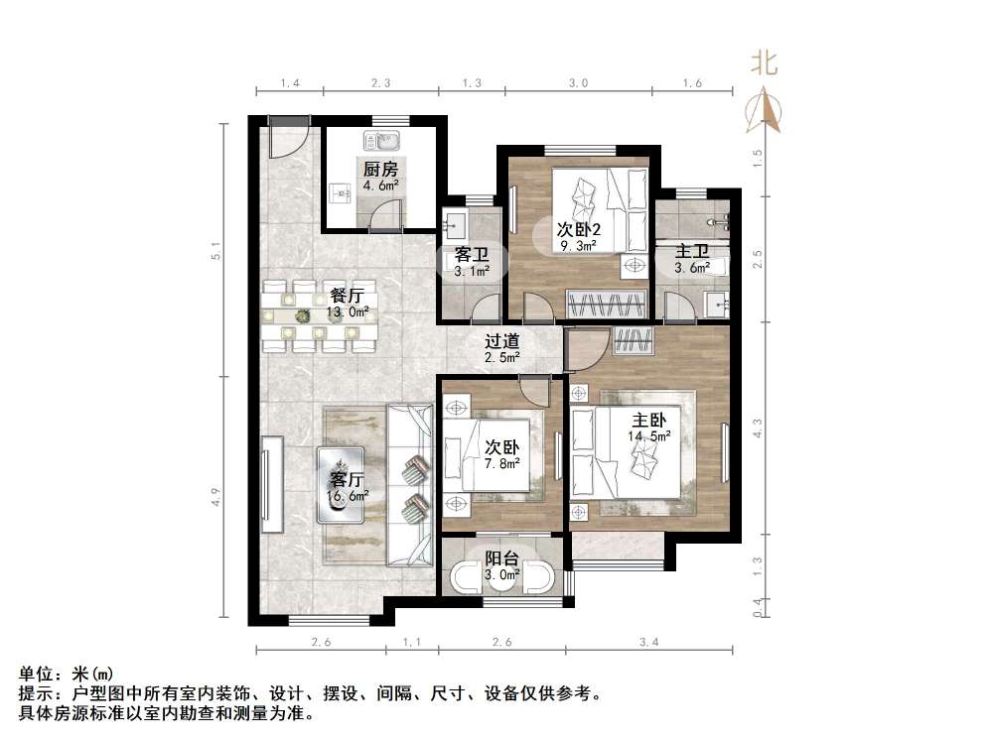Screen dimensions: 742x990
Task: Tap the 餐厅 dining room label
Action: tap(347, 295)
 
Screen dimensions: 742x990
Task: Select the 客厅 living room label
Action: tap(349, 477)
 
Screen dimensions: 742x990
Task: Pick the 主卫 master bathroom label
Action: tap(691, 251)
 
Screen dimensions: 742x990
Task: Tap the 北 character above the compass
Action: tap(764, 64)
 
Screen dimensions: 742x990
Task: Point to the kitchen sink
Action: tap(380, 140)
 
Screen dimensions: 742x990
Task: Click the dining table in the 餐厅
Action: tap(320, 316)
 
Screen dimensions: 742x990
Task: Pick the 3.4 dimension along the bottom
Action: tap(649, 643)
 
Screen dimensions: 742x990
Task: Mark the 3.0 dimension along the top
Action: tap(578, 84)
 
